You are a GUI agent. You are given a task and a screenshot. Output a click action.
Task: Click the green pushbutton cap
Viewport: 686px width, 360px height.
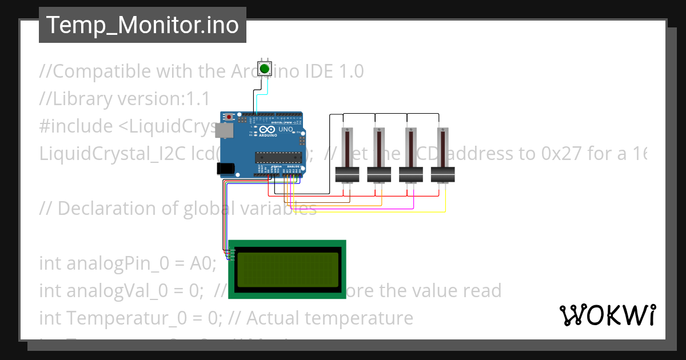point(264,69)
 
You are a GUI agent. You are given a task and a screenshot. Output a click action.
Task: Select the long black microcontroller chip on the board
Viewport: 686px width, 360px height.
point(277,156)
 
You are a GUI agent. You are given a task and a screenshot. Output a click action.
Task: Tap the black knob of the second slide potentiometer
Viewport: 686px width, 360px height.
point(378,174)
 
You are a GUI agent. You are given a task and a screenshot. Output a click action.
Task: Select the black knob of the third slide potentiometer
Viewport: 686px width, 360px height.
point(410,174)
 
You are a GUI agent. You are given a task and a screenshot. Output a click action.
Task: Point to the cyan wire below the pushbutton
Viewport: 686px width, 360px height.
point(258,100)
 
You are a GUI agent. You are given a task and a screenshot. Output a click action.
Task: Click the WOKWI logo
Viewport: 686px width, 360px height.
point(607,315)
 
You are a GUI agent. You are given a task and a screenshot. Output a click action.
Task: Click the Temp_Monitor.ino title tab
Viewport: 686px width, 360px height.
point(142,25)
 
